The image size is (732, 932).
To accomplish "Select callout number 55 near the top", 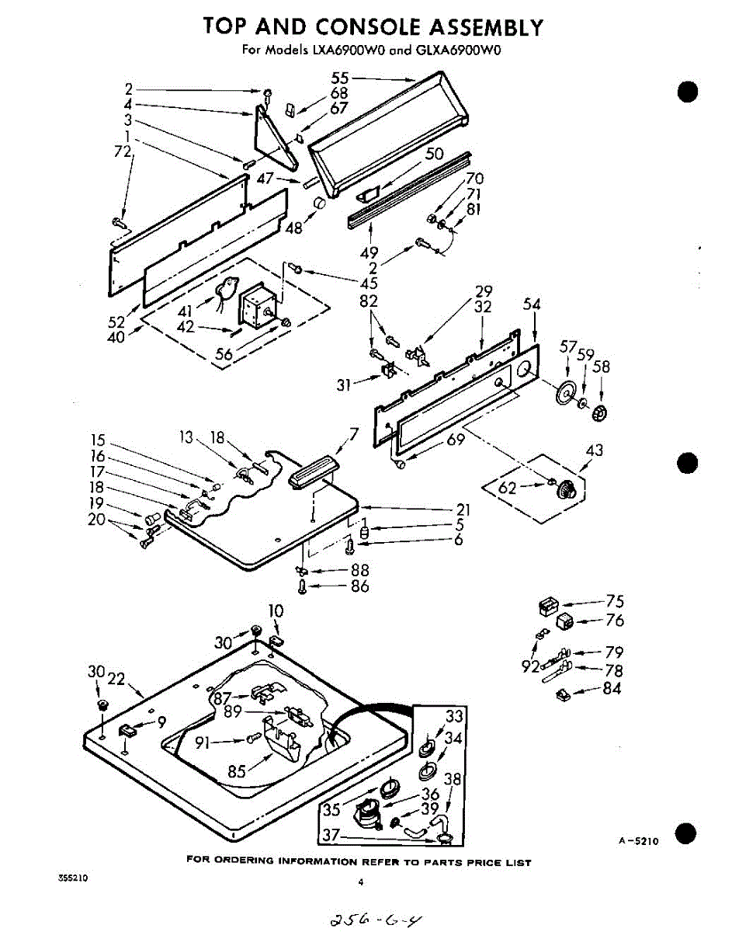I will tap(339, 78).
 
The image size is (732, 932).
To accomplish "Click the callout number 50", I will tap(435, 154).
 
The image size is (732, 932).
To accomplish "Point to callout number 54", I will tap(532, 305).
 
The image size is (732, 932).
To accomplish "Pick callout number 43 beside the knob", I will tap(595, 450).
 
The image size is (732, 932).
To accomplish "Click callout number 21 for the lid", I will tap(463, 509).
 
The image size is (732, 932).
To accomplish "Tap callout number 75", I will tap(616, 600).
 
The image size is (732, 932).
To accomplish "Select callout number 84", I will tap(612, 688).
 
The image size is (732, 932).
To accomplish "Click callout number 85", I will tap(238, 771).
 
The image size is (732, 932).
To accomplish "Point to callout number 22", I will tap(116, 679).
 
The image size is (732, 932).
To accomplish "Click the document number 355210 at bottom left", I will tap(73, 878).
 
